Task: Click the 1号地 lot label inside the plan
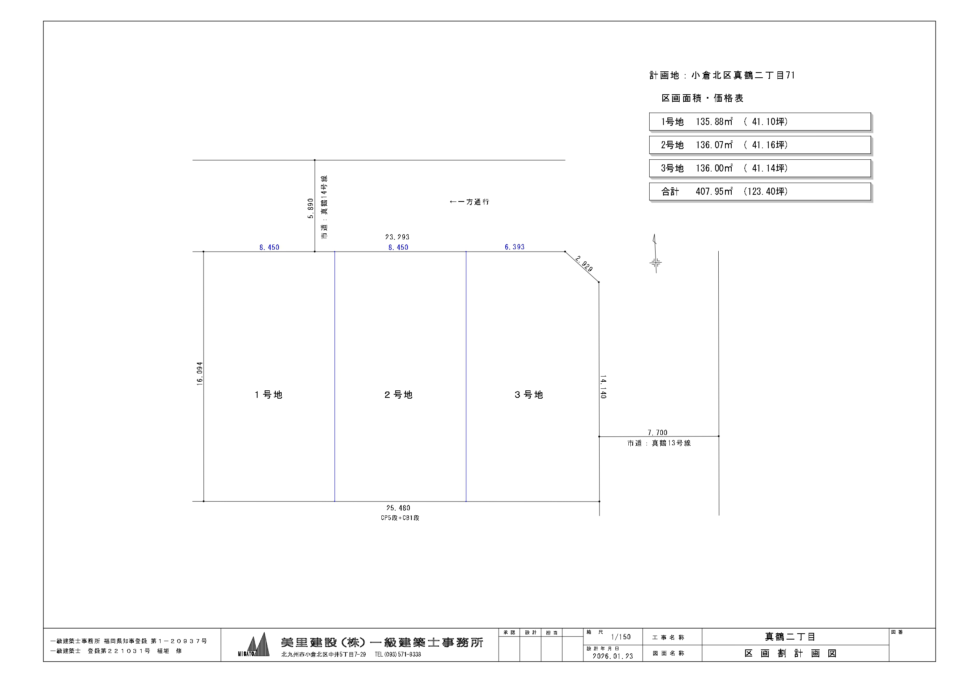(268, 395)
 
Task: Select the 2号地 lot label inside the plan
(398, 395)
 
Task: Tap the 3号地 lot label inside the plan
(529, 395)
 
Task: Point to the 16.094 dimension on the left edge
(200, 374)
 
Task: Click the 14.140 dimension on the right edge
(603, 387)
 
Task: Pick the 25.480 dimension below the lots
(398, 508)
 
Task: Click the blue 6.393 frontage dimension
(515, 247)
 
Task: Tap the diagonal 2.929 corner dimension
(584, 263)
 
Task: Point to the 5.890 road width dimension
(310, 209)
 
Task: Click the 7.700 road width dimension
(658, 432)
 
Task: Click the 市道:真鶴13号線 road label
(659, 444)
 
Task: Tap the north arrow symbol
(656, 254)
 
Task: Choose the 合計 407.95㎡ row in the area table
(759, 192)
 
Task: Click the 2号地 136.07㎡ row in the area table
(759, 145)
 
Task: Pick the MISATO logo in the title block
(254, 645)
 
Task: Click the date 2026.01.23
(613, 656)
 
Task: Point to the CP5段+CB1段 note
(400, 518)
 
